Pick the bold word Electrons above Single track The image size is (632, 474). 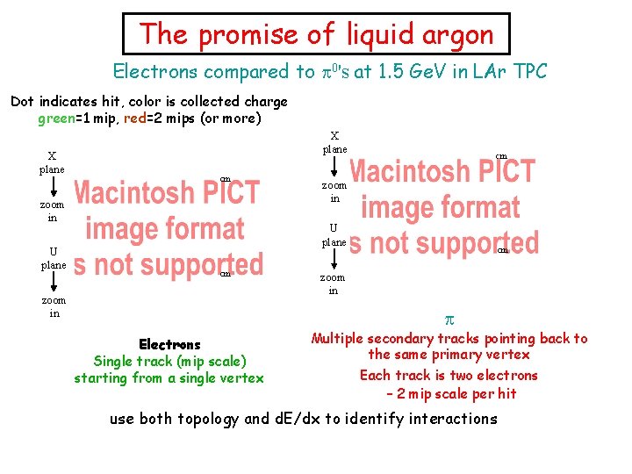click(x=169, y=345)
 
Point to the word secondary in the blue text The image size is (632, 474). click(x=406, y=339)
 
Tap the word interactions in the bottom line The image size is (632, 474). click(x=449, y=419)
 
